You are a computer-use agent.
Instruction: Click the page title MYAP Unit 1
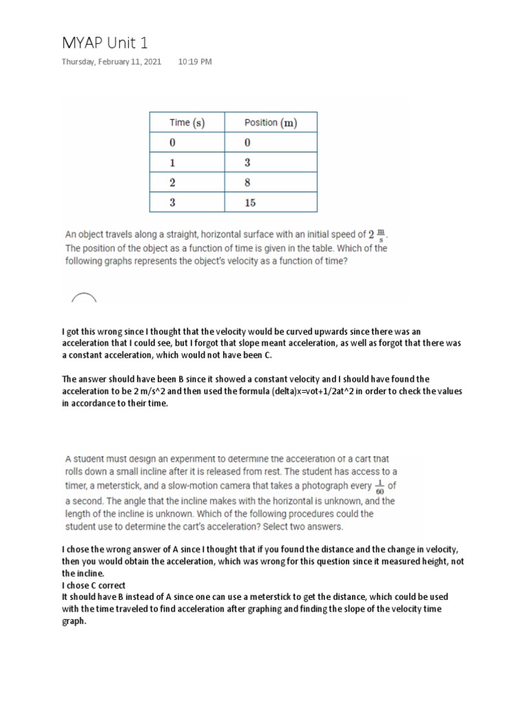(104, 43)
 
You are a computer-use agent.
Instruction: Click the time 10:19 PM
(195, 62)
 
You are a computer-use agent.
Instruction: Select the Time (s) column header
(187, 123)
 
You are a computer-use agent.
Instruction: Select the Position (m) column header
(270, 123)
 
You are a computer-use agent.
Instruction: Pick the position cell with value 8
(247, 183)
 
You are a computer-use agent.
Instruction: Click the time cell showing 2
(173, 183)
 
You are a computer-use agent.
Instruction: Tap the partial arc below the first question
(84, 298)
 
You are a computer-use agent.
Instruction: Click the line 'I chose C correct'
(93, 585)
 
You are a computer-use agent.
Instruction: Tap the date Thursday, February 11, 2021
(112, 62)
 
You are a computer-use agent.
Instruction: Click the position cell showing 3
(247, 163)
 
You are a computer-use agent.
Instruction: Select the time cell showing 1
(173, 163)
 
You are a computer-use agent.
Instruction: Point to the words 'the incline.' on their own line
(82, 573)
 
